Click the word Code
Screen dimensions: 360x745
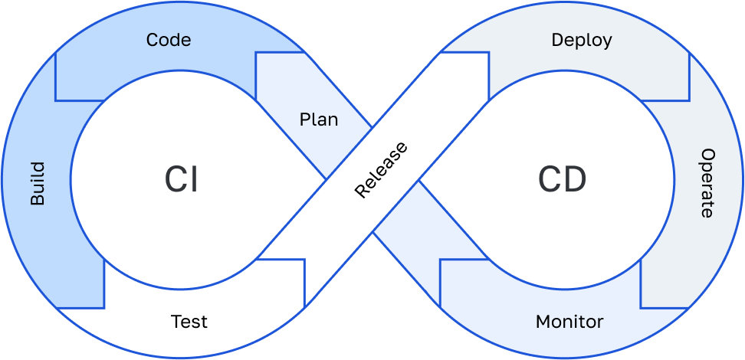point(169,39)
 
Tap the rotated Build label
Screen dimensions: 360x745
point(38,184)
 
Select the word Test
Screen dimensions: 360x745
point(189,321)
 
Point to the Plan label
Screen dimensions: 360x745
point(319,120)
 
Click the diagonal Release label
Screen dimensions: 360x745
point(381,169)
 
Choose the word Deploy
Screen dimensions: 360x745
point(582,41)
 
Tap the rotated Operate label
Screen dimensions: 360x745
point(707,183)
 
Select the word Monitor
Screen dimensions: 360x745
point(569,321)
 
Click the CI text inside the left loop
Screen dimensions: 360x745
point(181,180)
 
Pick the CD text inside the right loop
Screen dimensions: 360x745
point(562,180)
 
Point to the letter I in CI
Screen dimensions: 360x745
point(195,180)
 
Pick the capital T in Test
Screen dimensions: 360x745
point(176,321)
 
